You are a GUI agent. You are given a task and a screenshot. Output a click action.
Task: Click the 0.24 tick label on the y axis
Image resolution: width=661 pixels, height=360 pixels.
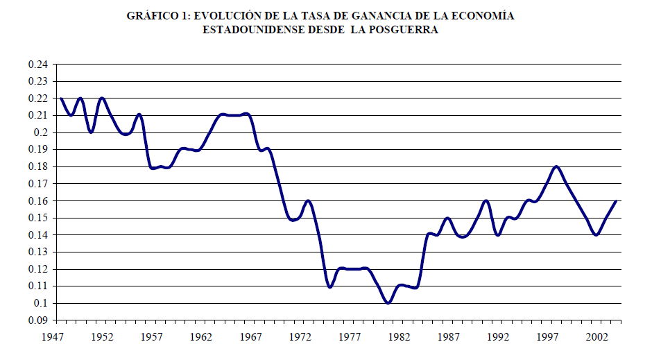pos(37,65)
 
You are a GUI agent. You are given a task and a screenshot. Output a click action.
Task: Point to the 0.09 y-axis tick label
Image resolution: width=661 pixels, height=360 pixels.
pos(37,320)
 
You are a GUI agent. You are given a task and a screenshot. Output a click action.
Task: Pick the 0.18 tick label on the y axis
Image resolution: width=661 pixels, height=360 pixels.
pos(37,166)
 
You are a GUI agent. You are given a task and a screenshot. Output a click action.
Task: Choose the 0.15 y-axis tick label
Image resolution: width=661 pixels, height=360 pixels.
pos(37,218)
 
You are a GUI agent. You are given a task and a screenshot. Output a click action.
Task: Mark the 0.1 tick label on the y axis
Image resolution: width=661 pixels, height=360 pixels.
pos(40,303)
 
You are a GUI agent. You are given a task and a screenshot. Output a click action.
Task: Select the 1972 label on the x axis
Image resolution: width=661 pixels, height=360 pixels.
pos(300,336)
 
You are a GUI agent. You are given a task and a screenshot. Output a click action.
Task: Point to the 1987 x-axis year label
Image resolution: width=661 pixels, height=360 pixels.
pos(449,336)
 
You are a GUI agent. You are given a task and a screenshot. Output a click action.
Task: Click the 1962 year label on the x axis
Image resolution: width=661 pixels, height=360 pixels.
pos(200,336)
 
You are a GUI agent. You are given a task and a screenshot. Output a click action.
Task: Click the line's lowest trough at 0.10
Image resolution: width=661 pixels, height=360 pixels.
pos(388,302)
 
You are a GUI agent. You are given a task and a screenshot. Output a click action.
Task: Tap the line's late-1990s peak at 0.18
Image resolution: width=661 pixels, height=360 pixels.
pos(556,166)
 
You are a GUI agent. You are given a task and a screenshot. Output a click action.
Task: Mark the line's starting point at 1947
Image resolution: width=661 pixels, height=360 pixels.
pos(61,98)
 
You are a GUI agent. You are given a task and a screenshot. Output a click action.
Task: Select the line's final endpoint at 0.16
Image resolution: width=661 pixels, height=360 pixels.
pos(616,200)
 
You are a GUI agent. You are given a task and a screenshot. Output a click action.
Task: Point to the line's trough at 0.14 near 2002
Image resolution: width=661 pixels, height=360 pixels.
pos(596,234)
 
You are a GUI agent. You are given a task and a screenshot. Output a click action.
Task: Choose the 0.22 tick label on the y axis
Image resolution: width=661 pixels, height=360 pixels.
pos(37,98)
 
